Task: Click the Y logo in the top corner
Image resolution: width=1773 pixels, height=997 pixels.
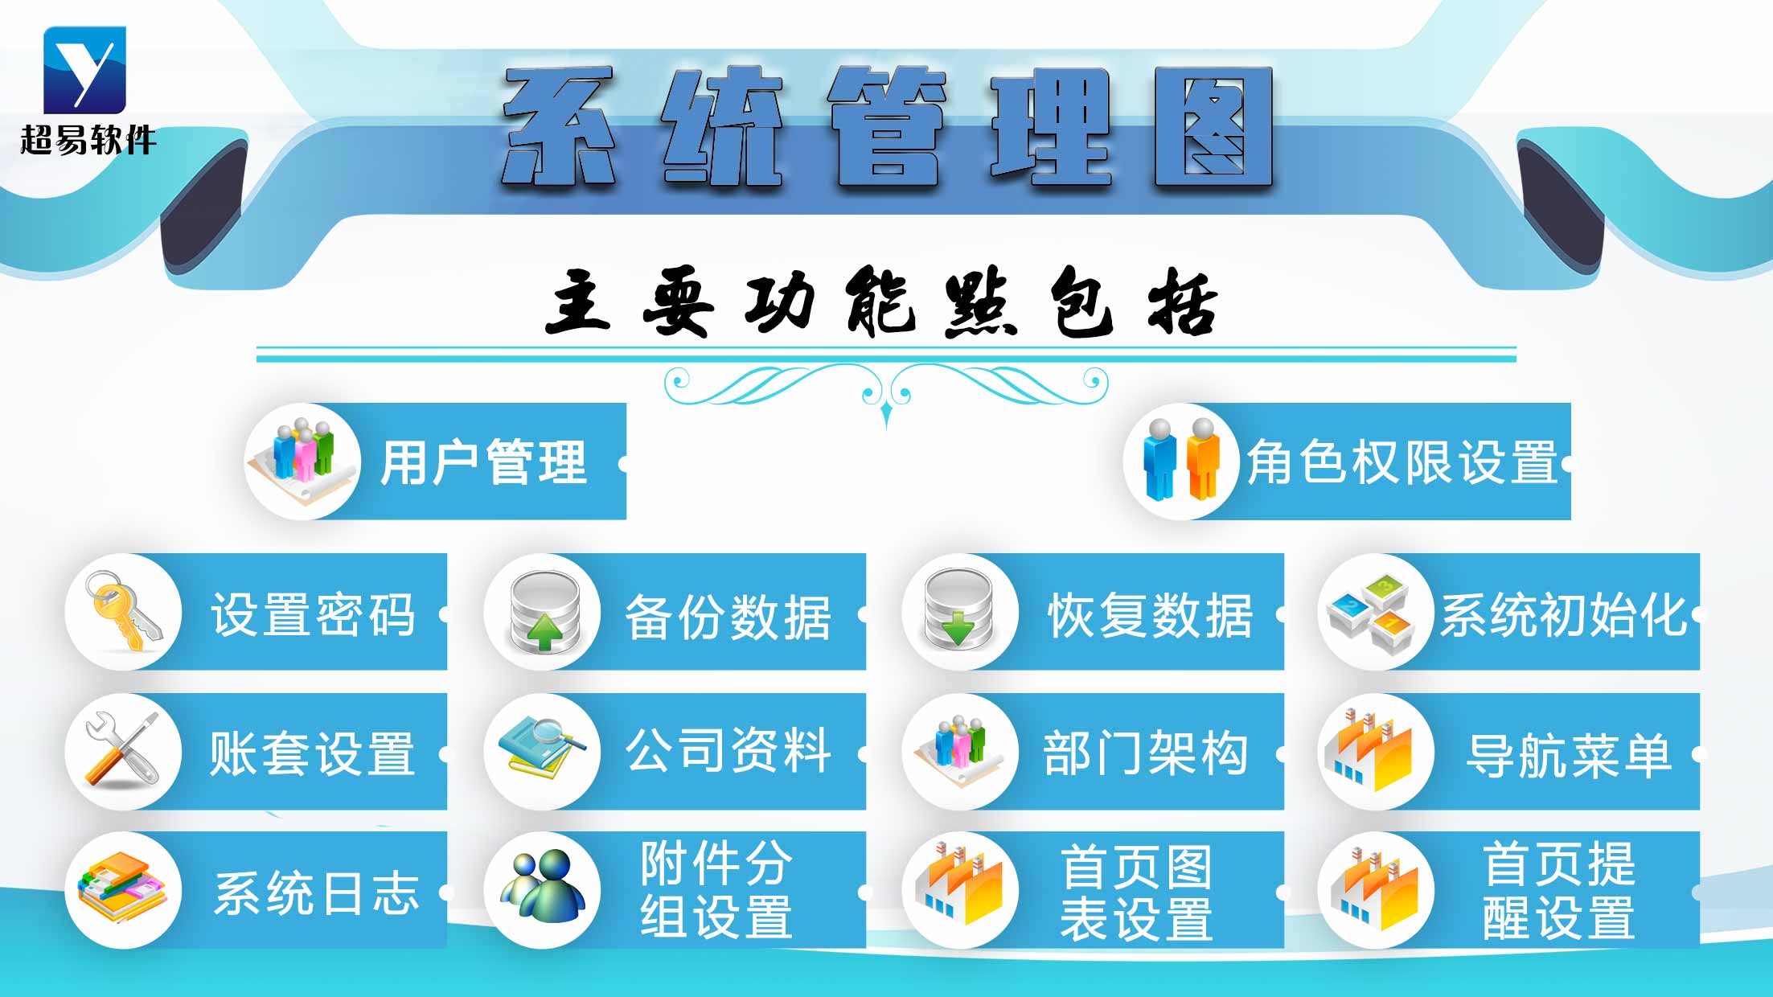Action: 84,69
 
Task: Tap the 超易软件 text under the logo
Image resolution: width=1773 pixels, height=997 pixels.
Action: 88,140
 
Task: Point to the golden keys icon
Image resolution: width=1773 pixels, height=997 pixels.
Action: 125,612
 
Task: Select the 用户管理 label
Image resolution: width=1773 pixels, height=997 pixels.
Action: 483,463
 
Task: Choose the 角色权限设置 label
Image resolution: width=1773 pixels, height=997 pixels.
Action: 1402,463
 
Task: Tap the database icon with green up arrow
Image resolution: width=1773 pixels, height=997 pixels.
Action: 544,612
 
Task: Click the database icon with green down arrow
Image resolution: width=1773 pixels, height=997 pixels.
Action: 959,612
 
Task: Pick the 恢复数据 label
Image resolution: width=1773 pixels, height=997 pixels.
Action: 1150,616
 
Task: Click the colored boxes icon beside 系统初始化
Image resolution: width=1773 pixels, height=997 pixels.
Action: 1374,612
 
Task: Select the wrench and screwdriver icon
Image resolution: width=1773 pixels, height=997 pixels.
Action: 123,751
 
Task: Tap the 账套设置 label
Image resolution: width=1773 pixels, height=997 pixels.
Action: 312,754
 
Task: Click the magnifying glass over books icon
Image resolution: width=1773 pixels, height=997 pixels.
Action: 542,749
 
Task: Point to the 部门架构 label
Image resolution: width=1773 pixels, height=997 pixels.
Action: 1145,754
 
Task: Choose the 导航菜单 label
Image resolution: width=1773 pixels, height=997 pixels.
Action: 1568,756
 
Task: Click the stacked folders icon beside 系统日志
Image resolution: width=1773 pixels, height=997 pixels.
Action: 123,890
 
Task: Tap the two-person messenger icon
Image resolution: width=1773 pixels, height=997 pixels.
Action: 542,888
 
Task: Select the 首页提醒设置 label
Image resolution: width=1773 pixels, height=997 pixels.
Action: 1558,890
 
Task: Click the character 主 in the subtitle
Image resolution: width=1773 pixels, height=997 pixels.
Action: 577,302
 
